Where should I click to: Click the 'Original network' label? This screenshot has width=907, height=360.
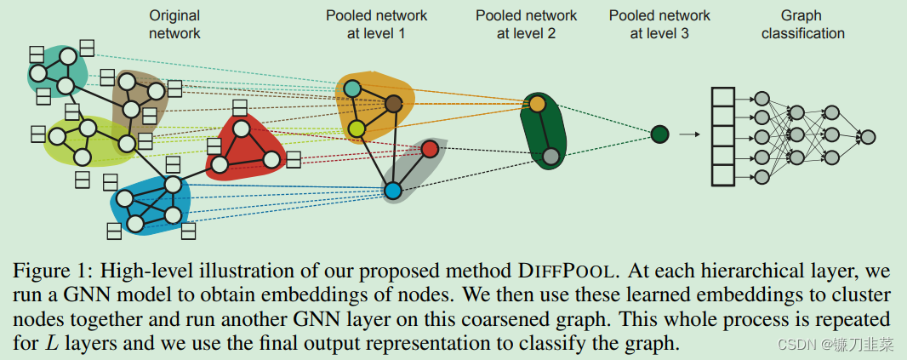click(174, 25)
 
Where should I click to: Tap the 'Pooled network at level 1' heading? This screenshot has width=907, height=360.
click(376, 25)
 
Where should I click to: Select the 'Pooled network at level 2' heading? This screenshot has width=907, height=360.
click(526, 25)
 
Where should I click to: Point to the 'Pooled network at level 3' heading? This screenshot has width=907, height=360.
click(659, 25)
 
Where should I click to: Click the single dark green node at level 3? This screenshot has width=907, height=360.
click(659, 134)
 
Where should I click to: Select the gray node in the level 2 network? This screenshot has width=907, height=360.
click(550, 156)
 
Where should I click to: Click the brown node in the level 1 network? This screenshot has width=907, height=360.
click(393, 104)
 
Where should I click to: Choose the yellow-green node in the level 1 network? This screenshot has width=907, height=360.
click(357, 129)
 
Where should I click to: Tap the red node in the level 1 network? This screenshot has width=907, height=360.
click(430, 149)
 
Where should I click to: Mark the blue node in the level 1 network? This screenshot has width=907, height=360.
click(392, 191)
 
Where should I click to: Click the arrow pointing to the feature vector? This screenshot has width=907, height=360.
click(689, 134)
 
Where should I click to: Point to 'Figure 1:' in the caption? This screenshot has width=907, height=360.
click(53, 272)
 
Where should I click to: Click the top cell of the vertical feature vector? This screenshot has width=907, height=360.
click(722, 97)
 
